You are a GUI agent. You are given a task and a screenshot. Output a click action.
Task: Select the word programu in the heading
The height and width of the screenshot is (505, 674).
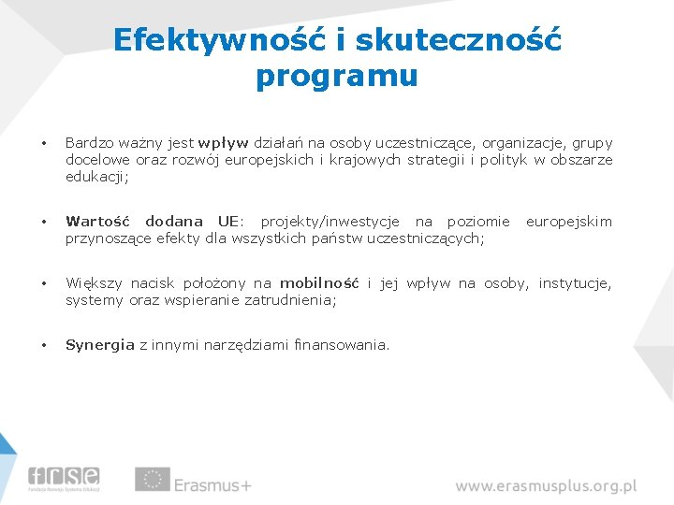tap(336, 76)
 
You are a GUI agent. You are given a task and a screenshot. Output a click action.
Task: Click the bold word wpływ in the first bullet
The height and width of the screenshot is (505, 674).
tap(223, 143)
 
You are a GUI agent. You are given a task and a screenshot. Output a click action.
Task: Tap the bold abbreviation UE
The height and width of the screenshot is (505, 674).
tap(227, 222)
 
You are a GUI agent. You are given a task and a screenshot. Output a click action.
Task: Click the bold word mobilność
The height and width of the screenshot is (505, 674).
tap(319, 283)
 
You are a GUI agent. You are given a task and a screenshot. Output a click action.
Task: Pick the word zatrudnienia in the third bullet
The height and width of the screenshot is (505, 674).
tap(290, 300)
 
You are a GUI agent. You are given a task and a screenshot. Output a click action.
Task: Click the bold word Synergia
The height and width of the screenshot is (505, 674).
tap(100, 345)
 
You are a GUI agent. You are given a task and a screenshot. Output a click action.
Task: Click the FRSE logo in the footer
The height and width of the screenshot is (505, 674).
tap(64, 477)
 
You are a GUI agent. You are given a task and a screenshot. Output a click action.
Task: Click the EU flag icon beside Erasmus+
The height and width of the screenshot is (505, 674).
tap(152, 479)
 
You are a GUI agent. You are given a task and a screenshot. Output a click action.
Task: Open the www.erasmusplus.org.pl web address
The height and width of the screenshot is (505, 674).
tap(546, 486)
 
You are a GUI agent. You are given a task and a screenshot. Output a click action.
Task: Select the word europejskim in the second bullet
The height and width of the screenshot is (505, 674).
tap(568, 222)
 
